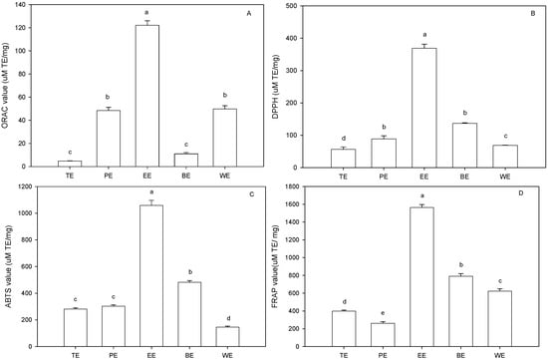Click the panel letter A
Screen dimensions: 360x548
[256, 14]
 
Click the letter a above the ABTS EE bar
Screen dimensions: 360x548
[146, 192]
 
